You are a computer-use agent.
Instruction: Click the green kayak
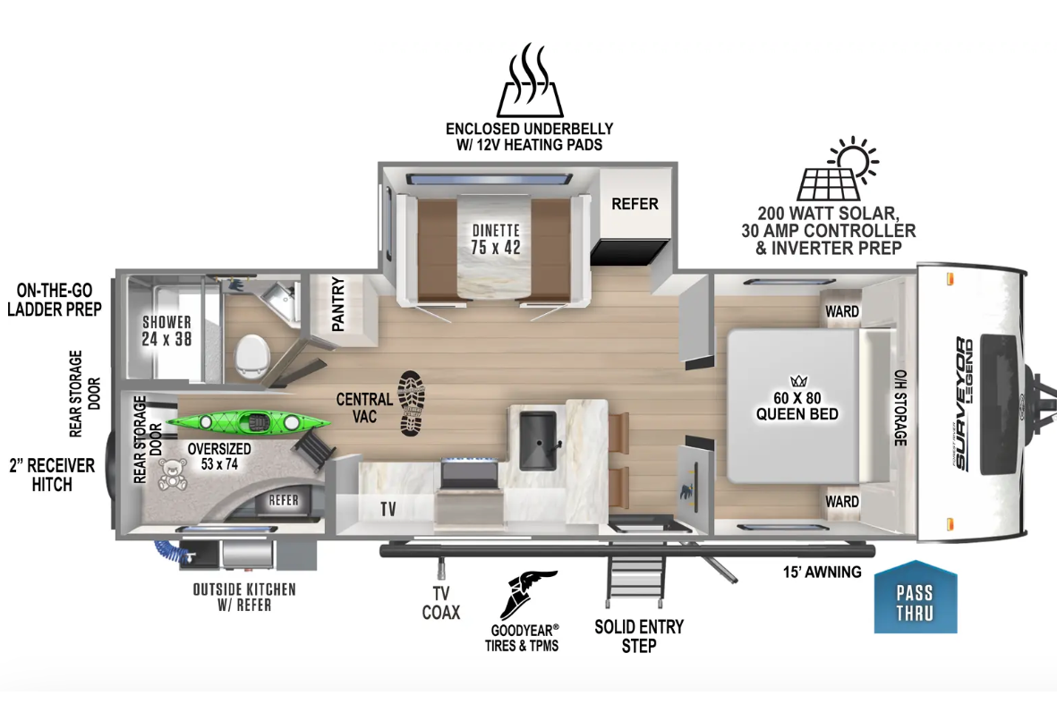coord(248,422)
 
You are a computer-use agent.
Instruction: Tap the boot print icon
coord(411,403)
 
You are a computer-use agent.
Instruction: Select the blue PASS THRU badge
coord(915,597)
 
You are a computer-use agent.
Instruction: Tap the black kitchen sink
coord(539,441)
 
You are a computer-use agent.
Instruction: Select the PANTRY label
coord(337,304)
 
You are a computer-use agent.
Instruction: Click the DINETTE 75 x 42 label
coord(496,239)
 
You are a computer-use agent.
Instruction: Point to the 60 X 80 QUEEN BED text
coord(797,406)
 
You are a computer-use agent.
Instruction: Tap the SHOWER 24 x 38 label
coord(166,331)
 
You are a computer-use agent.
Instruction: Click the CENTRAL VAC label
coord(364,408)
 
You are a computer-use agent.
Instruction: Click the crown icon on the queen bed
coord(799,381)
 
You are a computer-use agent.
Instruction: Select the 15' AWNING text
coord(822,572)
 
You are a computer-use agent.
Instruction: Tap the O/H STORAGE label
coord(900,408)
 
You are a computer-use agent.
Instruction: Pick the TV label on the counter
coord(388,509)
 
